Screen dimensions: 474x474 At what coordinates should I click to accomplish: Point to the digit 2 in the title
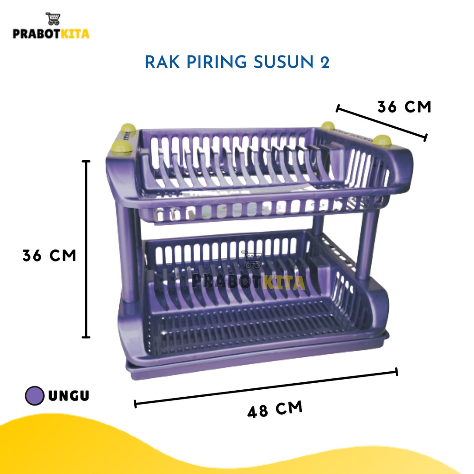(x=324, y=62)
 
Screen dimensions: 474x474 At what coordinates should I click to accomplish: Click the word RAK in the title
(x=162, y=62)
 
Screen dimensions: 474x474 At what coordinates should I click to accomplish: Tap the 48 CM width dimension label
(x=275, y=409)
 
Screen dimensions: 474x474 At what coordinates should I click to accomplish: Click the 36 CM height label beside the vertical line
(x=49, y=256)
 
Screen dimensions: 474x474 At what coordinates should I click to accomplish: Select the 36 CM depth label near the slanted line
(x=404, y=107)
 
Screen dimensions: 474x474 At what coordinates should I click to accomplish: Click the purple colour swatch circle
(x=35, y=396)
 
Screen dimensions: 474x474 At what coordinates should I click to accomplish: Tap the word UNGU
(x=69, y=396)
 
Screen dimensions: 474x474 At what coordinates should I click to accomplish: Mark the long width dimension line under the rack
(x=266, y=387)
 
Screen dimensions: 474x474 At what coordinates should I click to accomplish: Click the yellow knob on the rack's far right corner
(x=382, y=141)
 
